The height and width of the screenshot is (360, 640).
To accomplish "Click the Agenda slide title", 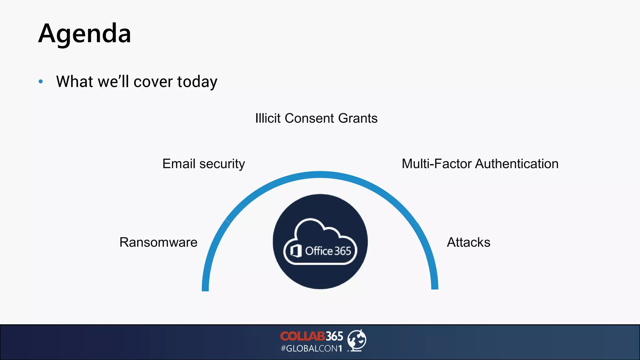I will point(84,34).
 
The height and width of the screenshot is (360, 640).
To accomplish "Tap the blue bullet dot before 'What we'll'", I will point(41,82).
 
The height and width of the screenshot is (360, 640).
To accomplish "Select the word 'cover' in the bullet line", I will point(153,82).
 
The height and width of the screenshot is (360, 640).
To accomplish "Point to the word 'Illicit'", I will point(268,118).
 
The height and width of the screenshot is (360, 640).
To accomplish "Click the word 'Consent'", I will point(309,118).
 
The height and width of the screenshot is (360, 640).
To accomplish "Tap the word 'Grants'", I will point(358,118).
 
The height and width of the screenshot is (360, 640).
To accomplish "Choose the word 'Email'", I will point(179,164).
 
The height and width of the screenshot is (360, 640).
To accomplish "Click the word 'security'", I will point(222,164).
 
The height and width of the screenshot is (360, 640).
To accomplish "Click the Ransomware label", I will point(158,242).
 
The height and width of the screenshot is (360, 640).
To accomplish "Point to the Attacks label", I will point(468,242).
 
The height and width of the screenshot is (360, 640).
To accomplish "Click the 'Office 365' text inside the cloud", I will point(328,251).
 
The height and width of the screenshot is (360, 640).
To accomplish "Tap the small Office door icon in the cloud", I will point(296,251).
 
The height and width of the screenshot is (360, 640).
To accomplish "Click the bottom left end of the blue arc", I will point(205,288).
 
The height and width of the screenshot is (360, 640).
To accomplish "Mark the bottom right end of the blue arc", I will point(435,286).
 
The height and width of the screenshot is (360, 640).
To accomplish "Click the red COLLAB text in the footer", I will point(302,336).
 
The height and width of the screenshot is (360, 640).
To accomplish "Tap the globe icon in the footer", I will point(357,340).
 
